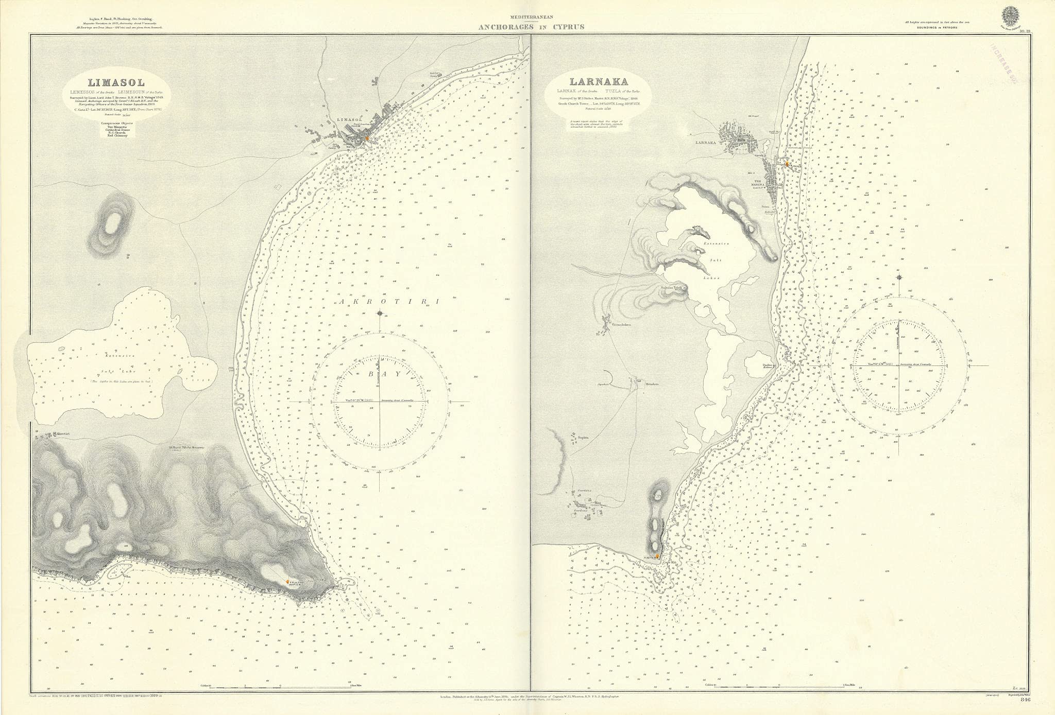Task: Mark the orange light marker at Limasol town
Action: pyautogui.click(x=367, y=138)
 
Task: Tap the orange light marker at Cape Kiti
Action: pyautogui.click(x=657, y=570)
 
